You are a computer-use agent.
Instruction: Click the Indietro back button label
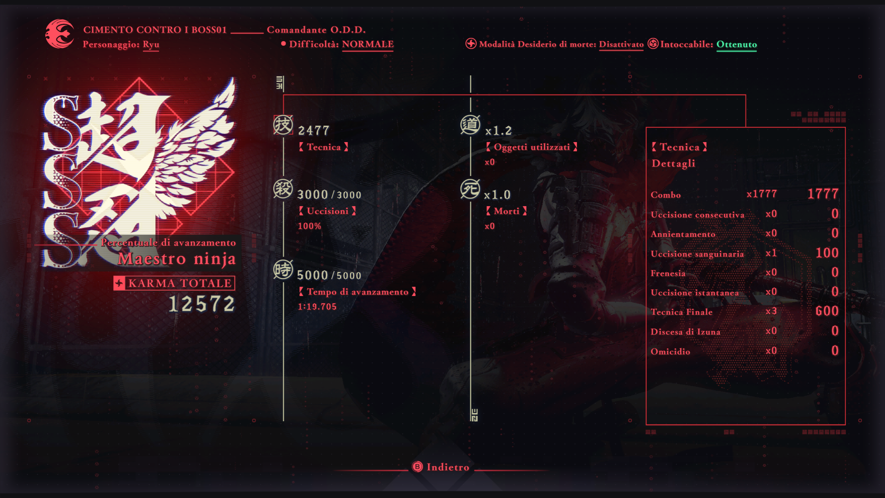(448, 467)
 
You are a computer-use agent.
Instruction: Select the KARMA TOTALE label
(179, 283)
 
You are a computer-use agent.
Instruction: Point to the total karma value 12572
(202, 304)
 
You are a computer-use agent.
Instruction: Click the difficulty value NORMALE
(367, 44)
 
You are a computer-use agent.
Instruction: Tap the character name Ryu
(151, 44)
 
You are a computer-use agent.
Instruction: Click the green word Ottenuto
(736, 44)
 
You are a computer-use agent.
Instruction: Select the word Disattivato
(621, 44)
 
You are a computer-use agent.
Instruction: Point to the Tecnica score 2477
(314, 131)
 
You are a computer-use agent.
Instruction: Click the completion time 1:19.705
(317, 307)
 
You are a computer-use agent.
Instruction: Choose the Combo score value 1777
(823, 194)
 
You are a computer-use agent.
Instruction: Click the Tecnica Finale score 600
(827, 311)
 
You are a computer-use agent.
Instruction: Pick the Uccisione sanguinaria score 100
(827, 253)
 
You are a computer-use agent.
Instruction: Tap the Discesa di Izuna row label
(685, 332)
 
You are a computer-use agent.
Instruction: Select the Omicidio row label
(670, 351)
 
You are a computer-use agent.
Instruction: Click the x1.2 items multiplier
(498, 131)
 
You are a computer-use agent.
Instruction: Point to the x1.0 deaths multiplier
(497, 195)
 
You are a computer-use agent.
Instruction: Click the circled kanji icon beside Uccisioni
(283, 189)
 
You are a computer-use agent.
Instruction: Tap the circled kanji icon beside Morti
(470, 189)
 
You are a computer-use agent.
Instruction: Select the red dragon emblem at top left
(60, 34)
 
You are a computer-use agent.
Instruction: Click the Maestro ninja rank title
(177, 259)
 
